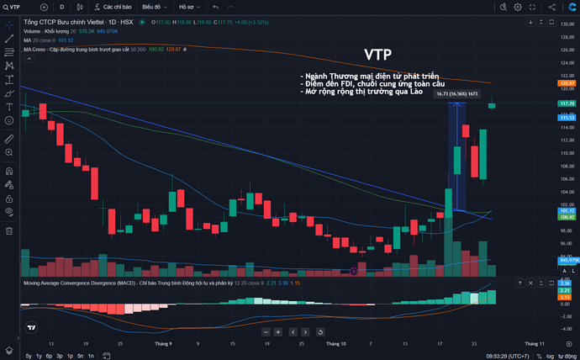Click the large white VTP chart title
(377, 55)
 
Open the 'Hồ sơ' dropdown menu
(190, 7)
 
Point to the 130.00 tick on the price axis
(567, 24)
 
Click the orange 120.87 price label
(567, 83)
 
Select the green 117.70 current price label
(567, 103)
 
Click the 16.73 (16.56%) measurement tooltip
(457, 94)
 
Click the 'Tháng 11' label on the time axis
(535, 343)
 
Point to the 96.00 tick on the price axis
(567, 244)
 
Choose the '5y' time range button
(29, 356)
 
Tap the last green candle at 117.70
(493, 104)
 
